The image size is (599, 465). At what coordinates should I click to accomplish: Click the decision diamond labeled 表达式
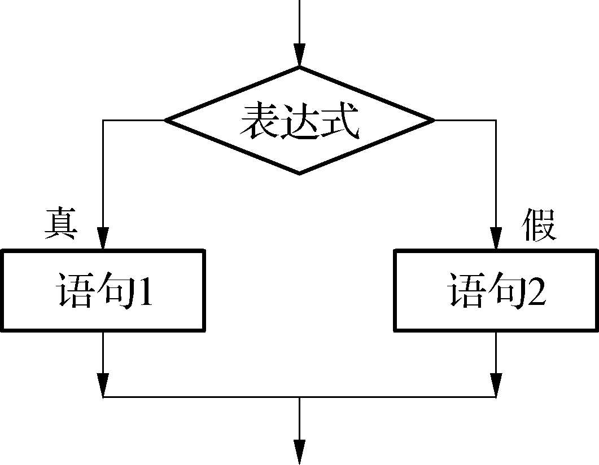pyautogui.click(x=299, y=120)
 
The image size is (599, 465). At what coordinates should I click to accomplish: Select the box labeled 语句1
pyautogui.click(x=103, y=290)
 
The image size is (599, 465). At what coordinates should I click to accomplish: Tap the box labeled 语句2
pyautogui.click(x=496, y=290)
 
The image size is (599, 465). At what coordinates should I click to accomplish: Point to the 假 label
pyautogui.click(x=539, y=225)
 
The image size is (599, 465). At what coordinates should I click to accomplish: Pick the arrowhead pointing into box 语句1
pyautogui.click(x=103, y=238)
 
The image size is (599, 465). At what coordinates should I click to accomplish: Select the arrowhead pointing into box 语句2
pyautogui.click(x=496, y=238)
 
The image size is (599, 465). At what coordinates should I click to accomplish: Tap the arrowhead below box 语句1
pyautogui.click(x=103, y=386)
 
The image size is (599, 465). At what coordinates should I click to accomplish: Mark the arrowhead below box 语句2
pyautogui.click(x=496, y=386)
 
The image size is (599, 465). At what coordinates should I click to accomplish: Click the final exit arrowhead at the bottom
pyautogui.click(x=299, y=451)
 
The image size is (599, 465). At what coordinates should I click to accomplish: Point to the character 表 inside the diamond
pyautogui.click(x=259, y=121)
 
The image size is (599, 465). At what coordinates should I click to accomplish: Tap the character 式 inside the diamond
pyautogui.click(x=340, y=121)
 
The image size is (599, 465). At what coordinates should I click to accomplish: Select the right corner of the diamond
pyautogui.click(x=432, y=120)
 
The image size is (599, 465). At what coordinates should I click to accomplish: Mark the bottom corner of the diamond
pyautogui.click(x=299, y=172)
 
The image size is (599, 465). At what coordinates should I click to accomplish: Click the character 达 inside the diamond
pyautogui.click(x=299, y=121)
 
